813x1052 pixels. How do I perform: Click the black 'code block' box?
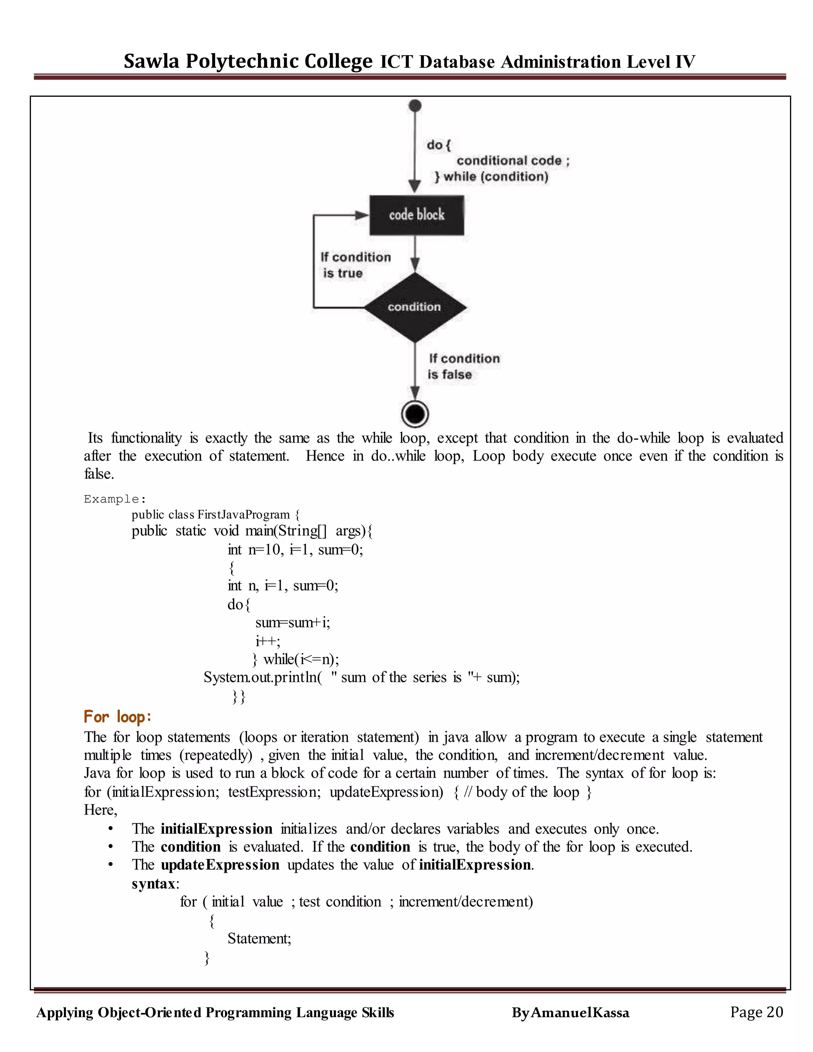tap(416, 215)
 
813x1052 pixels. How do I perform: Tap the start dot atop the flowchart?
tap(415, 106)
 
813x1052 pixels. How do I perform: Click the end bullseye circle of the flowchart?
tap(415, 414)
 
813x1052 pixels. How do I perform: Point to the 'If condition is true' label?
tap(355, 265)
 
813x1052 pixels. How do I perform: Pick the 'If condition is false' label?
tap(464, 366)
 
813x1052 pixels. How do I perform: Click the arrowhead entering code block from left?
tap(362, 215)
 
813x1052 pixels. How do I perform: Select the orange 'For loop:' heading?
tap(118, 717)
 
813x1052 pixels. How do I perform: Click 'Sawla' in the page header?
tap(151, 61)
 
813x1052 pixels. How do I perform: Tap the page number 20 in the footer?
tap(774, 1012)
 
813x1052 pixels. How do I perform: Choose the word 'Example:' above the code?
tap(115, 499)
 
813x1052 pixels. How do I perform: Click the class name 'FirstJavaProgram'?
tap(243, 514)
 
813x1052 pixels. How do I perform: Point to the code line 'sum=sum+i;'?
tap(292, 622)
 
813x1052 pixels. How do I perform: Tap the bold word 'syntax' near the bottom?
tap(153, 883)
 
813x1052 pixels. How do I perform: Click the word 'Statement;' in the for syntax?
tap(259, 938)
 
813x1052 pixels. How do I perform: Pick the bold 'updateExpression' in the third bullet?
tap(220, 865)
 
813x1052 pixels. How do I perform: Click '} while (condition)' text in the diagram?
tap(491, 177)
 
